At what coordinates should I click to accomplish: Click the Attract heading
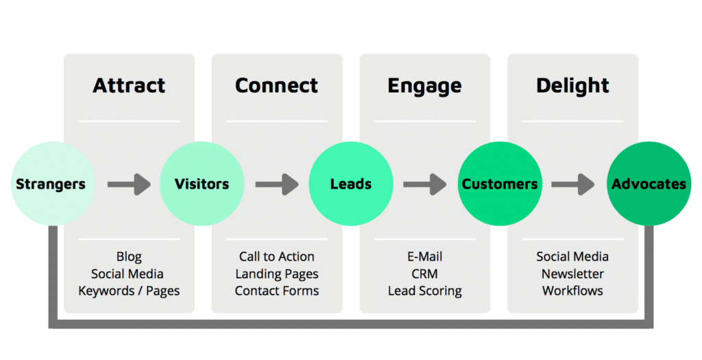click(x=129, y=86)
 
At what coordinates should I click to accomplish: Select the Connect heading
click(x=277, y=86)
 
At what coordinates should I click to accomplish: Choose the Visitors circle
click(x=202, y=184)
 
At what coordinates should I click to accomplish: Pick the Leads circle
click(x=351, y=184)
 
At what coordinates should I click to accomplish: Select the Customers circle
click(x=500, y=184)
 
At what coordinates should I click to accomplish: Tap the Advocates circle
click(x=649, y=184)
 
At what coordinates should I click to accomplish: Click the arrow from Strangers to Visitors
click(x=129, y=184)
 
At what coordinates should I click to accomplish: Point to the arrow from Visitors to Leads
click(x=277, y=184)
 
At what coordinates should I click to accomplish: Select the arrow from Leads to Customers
click(x=425, y=184)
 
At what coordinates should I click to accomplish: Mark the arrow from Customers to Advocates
click(x=572, y=184)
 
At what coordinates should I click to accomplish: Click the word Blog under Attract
click(x=129, y=257)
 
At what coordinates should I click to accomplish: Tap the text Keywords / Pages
click(x=129, y=291)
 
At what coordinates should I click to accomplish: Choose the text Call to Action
click(x=277, y=256)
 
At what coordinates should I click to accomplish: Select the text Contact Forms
click(x=277, y=291)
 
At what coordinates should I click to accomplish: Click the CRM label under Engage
click(x=424, y=274)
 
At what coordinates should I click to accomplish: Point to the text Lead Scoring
click(x=425, y=291)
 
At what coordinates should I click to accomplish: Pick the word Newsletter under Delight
click(x=572, y=274)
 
